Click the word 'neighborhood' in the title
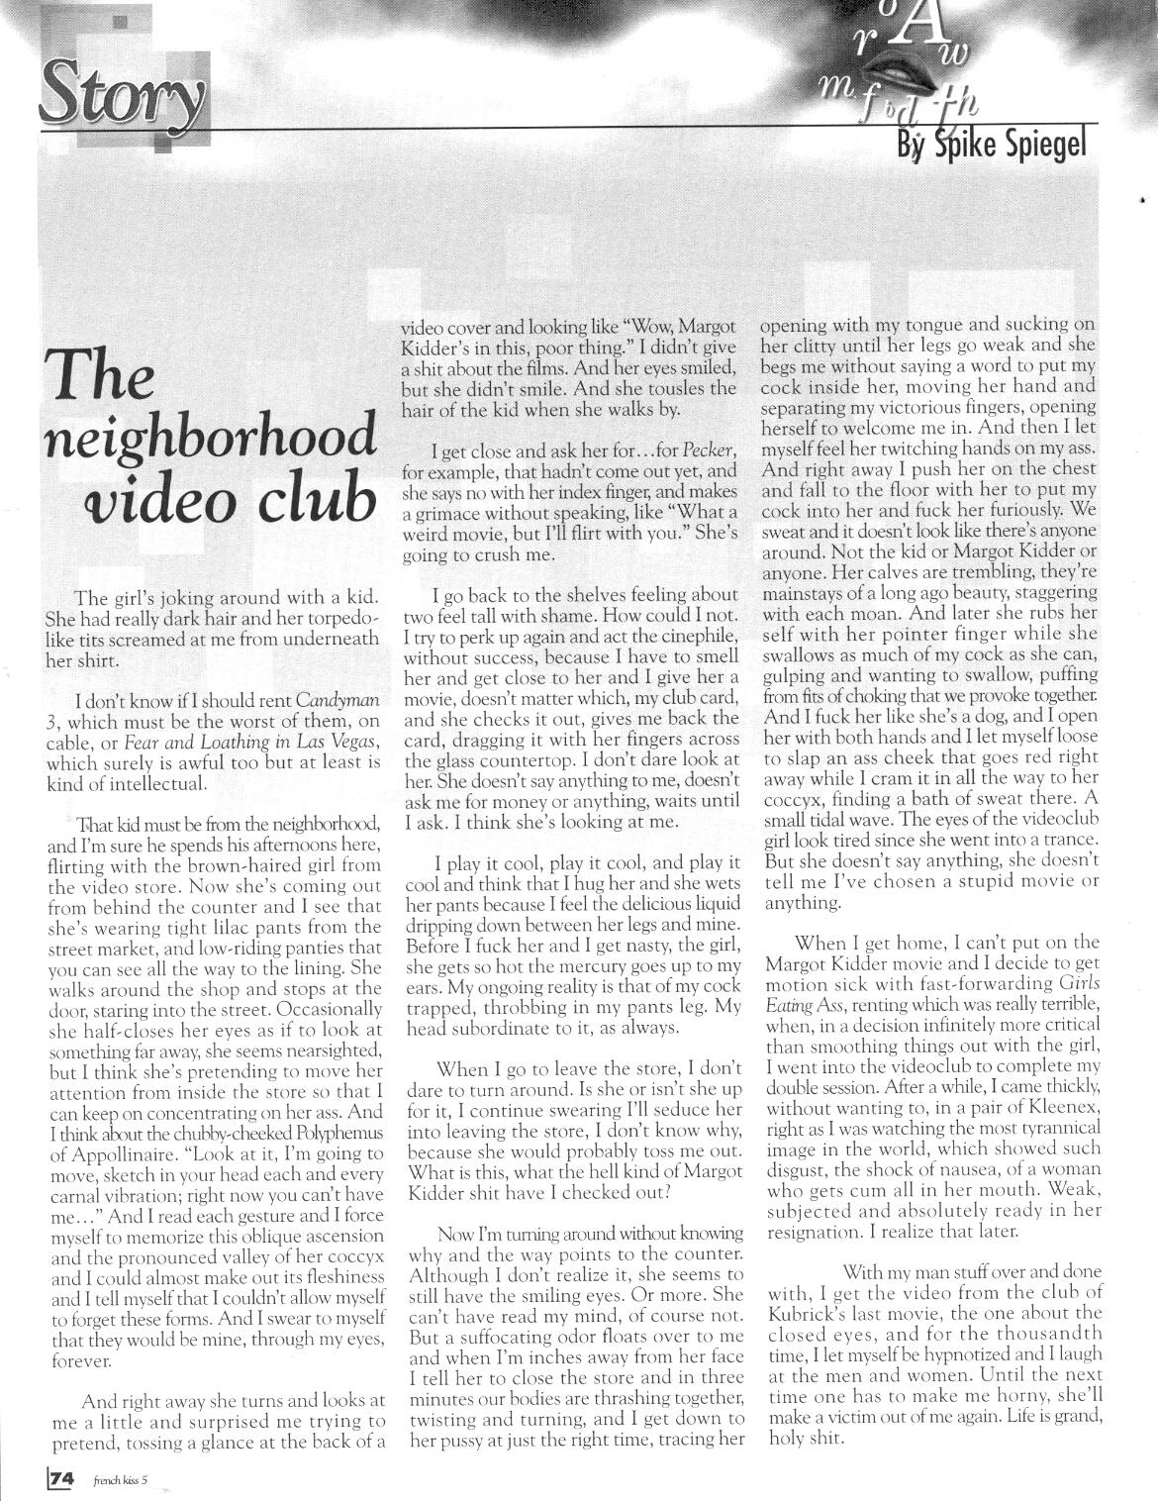coord(210,440)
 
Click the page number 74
coord(61,1479)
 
